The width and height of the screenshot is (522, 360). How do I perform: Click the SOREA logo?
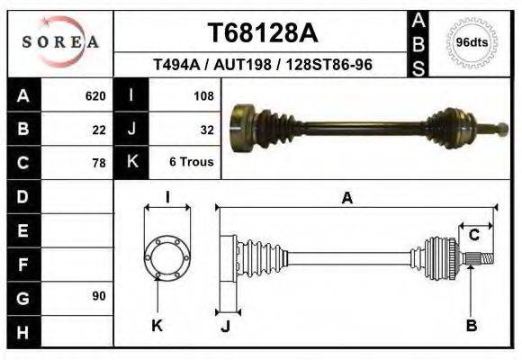60,42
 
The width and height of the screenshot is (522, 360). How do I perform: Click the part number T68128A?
262,33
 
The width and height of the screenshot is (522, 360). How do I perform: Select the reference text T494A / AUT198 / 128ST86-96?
263,65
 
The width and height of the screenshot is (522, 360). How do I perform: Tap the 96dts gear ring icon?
472,42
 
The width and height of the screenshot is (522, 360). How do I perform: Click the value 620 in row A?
95,95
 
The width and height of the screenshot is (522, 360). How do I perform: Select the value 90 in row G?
98,296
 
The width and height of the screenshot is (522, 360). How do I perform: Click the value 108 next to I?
202,95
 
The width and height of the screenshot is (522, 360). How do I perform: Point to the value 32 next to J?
206,129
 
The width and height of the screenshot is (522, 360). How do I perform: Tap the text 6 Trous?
192,163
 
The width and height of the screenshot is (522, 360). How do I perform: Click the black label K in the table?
132,162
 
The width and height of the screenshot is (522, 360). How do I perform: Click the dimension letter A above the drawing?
346,198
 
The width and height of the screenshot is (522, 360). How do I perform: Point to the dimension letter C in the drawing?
473,236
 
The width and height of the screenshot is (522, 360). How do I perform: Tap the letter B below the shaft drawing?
471,325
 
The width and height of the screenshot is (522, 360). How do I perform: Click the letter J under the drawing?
225,325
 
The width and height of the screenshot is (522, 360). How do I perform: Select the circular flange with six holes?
167,257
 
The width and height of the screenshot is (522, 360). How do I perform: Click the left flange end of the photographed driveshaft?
241,121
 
